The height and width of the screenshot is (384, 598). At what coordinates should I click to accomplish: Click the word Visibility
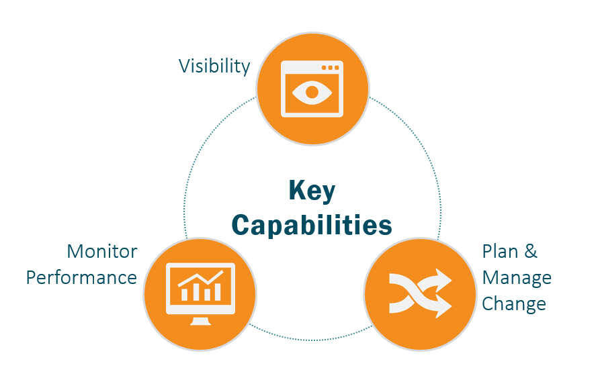(x=214, y=66)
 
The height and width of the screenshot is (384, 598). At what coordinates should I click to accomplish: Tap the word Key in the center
(x=312, y=191)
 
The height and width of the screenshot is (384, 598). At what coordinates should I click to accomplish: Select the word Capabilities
(x=312, y=225)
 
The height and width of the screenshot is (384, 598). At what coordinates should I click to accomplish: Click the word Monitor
(x=102, y=252)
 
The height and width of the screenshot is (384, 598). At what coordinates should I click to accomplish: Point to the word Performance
(x=81, y=277)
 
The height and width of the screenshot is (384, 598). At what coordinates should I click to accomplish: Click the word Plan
(x=500, y=252)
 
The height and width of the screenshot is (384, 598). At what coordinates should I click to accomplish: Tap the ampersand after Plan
(x=531, y=252)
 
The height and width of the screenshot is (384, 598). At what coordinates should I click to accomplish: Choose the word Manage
(x=517, y=279)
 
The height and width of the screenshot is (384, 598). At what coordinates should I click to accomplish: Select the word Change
(x=514, y=305)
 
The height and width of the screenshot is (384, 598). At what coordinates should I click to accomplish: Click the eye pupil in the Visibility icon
(x=312, y=92)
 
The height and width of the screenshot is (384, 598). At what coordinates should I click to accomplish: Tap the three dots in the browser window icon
(x=331, y=67)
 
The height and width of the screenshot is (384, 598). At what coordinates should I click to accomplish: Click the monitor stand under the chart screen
(x=201, y=321)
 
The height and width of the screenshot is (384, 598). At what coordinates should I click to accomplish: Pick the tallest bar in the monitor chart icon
(x=218, y=292)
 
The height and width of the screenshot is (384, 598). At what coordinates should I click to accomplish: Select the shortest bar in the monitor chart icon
(x=184, y=295)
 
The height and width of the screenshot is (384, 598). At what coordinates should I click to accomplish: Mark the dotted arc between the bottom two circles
(x=311, y=339)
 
